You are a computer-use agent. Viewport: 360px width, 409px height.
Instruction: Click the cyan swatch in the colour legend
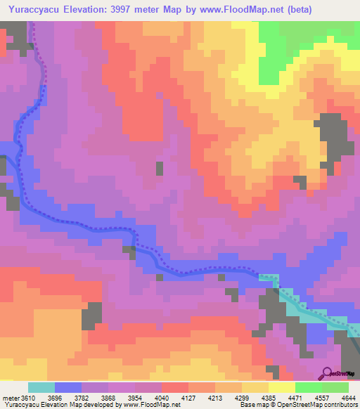pyautogui.click(x=41, y=387)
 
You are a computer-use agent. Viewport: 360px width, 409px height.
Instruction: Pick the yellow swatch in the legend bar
pyautogui.click(x=280, y=387)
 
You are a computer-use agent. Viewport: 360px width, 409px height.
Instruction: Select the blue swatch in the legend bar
pyautogui.click(x=68, y=387)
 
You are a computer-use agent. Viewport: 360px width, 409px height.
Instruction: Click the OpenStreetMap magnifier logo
pyautogui.click(x=327, y=372)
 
